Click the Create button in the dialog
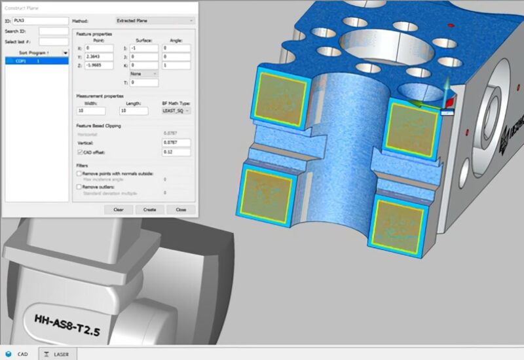point(150,209)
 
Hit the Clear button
point(119,209)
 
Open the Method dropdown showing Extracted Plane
point(155,21)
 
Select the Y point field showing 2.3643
point(99,57)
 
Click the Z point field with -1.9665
point(99,65)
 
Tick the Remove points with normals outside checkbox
point(79,172)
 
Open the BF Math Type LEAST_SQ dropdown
point(176,111)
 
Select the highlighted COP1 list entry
point(37,61)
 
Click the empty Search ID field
point(53,31)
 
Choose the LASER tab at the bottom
point(57,353)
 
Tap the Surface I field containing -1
point(143,48)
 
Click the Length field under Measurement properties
point(138,111)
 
